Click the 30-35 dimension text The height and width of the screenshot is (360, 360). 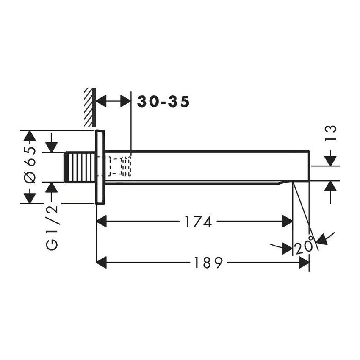pos(163,102)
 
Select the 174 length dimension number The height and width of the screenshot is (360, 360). pos(197,221)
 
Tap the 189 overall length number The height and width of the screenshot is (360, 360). pos(208,263)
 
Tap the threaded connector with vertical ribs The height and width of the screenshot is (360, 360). pos(80,167)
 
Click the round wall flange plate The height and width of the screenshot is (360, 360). pos(100,167)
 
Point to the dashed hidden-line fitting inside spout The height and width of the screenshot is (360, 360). pos(120,166)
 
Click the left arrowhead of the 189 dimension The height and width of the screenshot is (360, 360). pos(102,263)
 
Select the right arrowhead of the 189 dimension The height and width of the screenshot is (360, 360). pos(304,263)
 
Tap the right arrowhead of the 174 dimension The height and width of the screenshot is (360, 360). pos(288,221)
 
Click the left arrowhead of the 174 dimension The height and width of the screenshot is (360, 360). pos(102,221)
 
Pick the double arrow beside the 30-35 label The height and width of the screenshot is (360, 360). pos(113,102)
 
